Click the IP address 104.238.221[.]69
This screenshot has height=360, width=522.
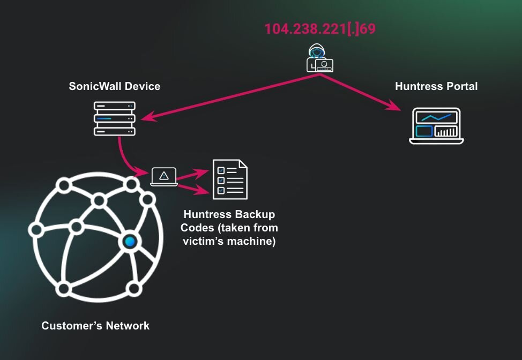[320, 28]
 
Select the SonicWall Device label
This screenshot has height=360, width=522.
[115, 86]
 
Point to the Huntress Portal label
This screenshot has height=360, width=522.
[436, 86]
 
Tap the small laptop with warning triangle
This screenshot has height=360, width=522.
[164, 176]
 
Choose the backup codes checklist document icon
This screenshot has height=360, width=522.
[230, 179]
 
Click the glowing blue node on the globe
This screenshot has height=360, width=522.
[129, 242]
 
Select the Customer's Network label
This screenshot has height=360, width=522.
[95, 326]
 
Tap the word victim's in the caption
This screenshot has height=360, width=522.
[205, 241]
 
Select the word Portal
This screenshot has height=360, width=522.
[460, 86]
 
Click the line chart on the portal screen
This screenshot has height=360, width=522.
[436, 117]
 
